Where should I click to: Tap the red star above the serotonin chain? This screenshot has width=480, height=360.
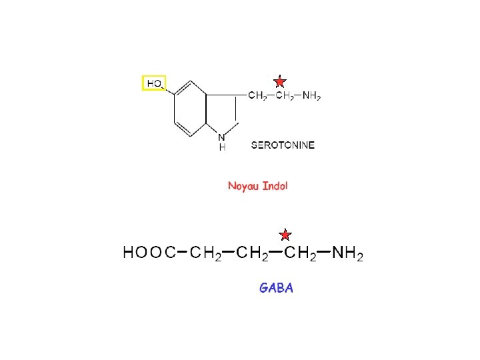click(280, 81)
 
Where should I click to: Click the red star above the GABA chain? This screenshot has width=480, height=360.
click(285, 234)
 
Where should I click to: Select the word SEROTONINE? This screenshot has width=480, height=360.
click(283, 144)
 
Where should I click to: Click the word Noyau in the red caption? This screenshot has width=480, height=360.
click(243, 186)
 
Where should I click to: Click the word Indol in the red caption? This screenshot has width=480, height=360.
click(275, 186)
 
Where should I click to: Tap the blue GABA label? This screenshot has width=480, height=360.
click(276, 288)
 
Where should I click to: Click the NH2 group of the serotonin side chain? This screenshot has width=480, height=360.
click(311, 96)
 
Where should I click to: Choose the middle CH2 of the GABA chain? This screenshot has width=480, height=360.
click(253, 253)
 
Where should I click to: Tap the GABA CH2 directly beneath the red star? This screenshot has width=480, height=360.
click(300, 253)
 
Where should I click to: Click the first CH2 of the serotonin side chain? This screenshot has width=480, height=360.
click(257, 96)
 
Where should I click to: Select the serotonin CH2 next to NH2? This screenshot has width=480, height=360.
click(285, 96)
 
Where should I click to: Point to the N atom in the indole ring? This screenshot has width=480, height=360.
click(221, 137)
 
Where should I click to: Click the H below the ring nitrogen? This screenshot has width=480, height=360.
click(222, 147)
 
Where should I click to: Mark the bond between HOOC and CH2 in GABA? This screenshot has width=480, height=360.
click(182, 251)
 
